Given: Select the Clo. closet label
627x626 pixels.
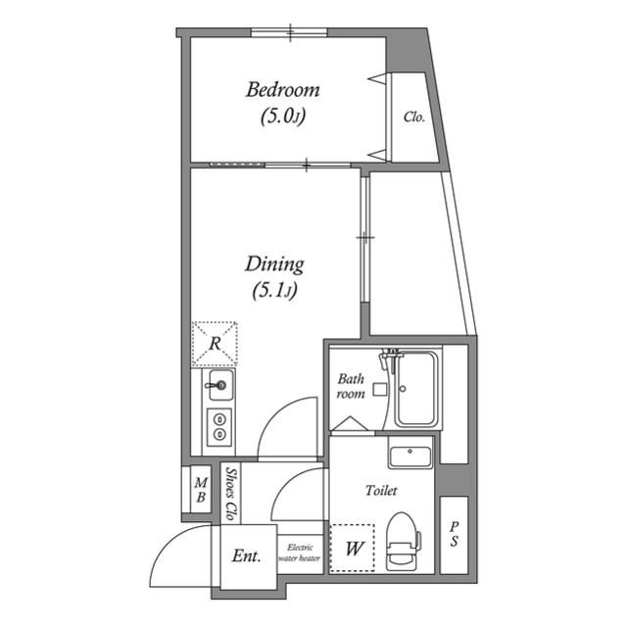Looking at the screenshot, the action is point(413,117).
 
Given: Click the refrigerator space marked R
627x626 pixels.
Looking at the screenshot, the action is point(215,344).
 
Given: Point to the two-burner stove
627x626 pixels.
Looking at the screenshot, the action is point(219,427).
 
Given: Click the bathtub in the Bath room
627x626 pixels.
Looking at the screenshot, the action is point(415,388).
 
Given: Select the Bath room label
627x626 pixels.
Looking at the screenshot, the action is point(351,386).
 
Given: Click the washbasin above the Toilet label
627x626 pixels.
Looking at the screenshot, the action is point(410,457).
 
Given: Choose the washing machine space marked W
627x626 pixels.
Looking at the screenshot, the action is point(353,548).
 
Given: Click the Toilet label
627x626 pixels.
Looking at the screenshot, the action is point(381,490).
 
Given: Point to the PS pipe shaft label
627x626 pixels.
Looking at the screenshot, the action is point(454,534).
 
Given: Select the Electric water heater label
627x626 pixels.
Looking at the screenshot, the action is point(300,553).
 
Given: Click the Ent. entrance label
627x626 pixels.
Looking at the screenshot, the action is point(246,555).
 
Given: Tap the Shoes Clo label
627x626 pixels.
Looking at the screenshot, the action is point(231,494).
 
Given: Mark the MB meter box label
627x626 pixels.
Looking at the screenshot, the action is point(201,490).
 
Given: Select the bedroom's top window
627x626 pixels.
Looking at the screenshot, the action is point(289,32).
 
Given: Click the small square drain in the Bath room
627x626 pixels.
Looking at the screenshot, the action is point(380,389).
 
